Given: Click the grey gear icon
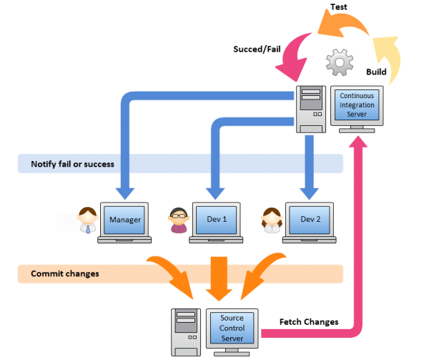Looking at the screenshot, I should [x=340, y=63].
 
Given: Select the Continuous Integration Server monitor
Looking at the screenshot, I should [x=356, y=105].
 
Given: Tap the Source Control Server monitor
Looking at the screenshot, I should [x=232, y=328].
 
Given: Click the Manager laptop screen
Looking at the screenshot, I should [x=124, y=219].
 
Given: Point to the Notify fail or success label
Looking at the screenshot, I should [x=72, y=165].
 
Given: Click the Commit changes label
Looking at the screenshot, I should [x=65, y=273].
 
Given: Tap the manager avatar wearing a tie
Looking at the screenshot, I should [x=88, y=220].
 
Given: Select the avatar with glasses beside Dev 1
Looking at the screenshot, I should [x=178, y=220].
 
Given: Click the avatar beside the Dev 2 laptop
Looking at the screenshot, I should [x=272, y=220].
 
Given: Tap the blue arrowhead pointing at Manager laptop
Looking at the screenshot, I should [x=125, y=192].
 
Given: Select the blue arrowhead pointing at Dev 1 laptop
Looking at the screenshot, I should [x=215, y=192].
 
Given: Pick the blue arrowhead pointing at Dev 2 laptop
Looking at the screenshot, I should [x=309, y=192].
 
